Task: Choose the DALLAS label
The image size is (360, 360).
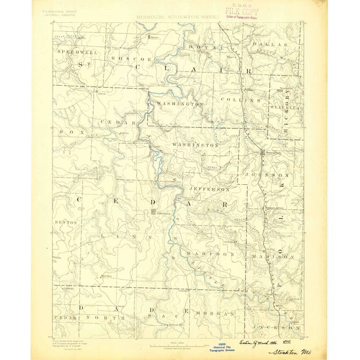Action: point(266,44)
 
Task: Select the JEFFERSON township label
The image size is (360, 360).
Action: point(209,189)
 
